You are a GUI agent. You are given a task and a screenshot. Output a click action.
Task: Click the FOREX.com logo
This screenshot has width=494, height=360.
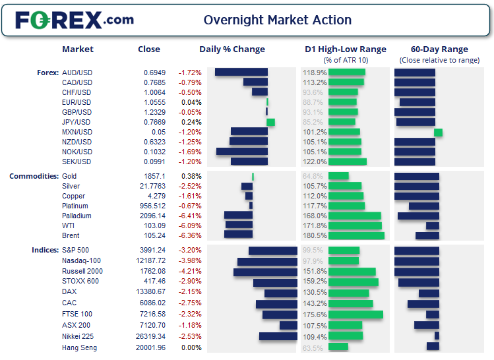point(74,20)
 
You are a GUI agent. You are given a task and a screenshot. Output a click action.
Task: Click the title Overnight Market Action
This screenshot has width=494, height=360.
point(278,20)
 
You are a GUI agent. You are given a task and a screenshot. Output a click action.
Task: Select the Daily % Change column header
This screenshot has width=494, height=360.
point(232,49)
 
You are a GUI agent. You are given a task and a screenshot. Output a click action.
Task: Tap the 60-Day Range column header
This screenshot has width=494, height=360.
point(439,49)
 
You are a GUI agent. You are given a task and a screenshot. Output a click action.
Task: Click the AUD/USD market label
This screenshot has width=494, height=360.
point(77,73)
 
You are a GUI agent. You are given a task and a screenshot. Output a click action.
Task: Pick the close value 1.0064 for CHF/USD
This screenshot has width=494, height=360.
point(154,92)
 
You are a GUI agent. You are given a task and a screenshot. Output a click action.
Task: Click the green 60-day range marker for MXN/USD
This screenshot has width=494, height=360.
point(438,133)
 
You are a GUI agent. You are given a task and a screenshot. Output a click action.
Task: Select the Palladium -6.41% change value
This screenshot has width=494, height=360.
point(191,216)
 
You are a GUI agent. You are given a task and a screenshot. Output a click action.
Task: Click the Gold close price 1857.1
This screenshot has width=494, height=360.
point(154,176)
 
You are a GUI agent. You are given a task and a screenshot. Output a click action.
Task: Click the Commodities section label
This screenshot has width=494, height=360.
point(34,176)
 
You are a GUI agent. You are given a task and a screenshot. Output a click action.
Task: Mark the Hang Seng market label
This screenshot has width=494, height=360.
point(79,347)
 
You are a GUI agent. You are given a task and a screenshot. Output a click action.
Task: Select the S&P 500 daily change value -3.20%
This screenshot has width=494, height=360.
point(191,251)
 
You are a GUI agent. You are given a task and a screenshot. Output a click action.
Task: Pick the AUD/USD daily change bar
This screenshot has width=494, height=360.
point(241,73)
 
